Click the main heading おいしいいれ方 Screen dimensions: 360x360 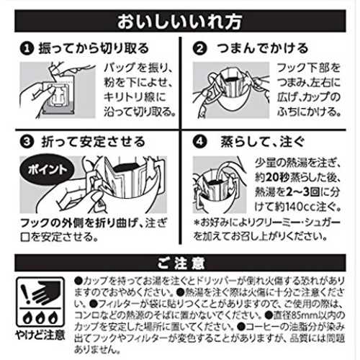tap(179, 22)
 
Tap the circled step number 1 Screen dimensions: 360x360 tap(27, 48)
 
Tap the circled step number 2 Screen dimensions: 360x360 tap(199, 48)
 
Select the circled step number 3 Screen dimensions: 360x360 tap(27, 142)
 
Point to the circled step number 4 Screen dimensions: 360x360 tap(199, 142)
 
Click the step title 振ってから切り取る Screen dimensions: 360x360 tap(94, 48)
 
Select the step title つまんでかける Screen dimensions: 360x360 tap(263, 48)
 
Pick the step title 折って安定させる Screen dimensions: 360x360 tap(93, 142)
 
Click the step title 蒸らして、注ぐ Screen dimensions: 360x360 tap(263, 142)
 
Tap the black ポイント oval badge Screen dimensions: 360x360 tap(47, 169)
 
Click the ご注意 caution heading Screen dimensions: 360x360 tap(181, 263)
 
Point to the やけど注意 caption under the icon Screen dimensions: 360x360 tap(40, 336)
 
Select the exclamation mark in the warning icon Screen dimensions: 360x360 tap(25, 293)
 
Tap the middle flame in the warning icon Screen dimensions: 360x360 tap(40, 318)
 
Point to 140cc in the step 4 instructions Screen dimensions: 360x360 tap(301, 207)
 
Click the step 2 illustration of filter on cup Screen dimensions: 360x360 tap(231, 90)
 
